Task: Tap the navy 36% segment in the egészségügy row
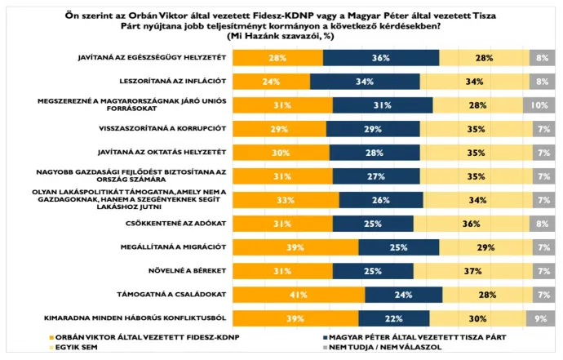click(380, 57)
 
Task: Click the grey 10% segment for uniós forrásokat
click(539, 104)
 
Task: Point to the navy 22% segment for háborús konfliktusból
click(393, 318)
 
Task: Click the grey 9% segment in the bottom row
click(540, 318)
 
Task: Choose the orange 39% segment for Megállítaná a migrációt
click(295, 247)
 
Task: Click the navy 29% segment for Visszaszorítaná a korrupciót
click(373, 128)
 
